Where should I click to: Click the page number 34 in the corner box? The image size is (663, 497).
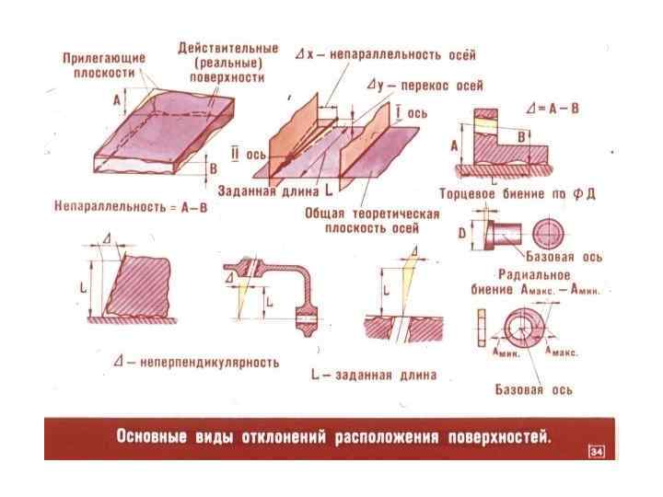pos(596,451)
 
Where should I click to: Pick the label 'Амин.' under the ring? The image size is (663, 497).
pos(506,352)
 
